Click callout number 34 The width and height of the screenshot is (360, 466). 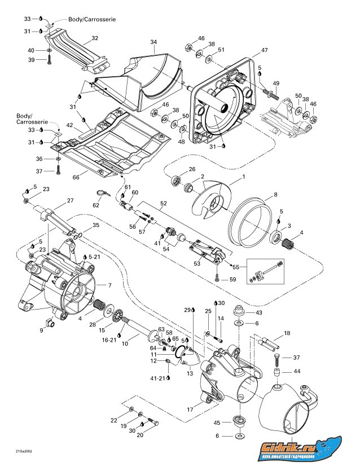pyautogui.click(x=153, y=42)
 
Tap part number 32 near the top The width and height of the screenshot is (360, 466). pyautogui.click(x=95, y=38)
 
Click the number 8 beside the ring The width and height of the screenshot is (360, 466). pyautogui.click(x=275, y=195)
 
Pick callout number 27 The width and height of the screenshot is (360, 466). pyautogui.click(x=71, y=201)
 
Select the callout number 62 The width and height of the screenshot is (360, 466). pyautogui.click(x=96, y=205)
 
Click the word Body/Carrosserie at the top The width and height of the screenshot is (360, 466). pyautogui.click(x=92, y=19)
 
